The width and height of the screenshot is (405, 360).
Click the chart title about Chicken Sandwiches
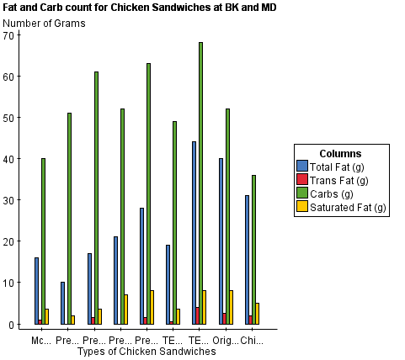pyautogui.click(x=140, y=7)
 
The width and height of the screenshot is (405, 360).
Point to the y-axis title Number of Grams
pyautogui.click(x=45, y=22)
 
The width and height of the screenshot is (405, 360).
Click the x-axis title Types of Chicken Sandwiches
pyautogui.click(x=146, y=352)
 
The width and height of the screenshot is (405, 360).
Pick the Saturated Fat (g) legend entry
pyautogui.click(x=346, y=207)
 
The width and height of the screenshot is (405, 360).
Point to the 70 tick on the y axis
pyautogui.click(x=9, y=35)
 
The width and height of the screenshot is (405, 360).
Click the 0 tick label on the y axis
pyautogui.click(x=13, y=324)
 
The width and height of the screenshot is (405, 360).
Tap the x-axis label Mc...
pyautogui.click(x=40, y=341)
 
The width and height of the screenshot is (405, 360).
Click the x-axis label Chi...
pyautogui.click(x=252, y=341)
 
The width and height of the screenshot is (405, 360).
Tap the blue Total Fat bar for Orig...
pyautogui.click(x=221, y=241)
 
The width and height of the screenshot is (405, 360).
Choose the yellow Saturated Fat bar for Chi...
pyautogui.click(x=257, y=313)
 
